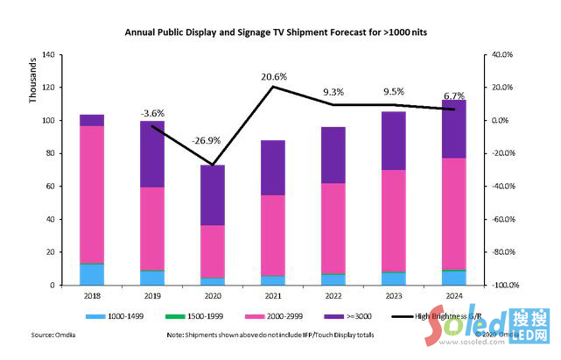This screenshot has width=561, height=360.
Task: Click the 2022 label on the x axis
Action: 333,297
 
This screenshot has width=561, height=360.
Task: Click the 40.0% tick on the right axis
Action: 501,54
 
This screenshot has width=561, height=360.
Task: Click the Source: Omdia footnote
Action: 53,335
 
